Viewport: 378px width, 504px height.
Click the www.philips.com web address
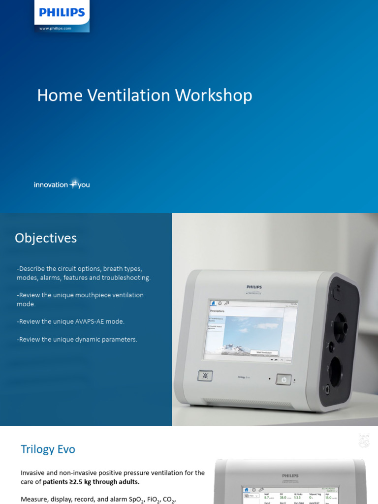coord(55,29)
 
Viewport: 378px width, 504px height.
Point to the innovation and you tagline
coord(62,185)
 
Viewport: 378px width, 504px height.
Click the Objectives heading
coord(46,238)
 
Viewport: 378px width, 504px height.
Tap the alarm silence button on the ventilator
coord(205,376)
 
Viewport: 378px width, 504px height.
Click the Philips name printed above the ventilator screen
coord(254,286)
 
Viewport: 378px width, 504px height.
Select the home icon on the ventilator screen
coord(213,303)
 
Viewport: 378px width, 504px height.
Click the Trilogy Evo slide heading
coord(48,449)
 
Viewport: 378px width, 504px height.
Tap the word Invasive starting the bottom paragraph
coord(33,472)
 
